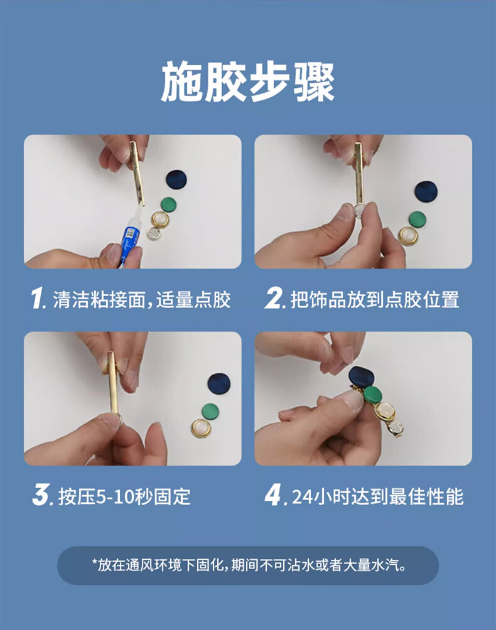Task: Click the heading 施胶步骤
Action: [248, 82]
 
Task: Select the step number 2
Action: [273, 299]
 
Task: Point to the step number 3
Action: [40, 495]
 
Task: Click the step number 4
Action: [273, 495]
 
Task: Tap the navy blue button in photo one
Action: [177, 180]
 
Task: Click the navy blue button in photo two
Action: [426, 192]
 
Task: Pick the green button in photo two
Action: [418, 219]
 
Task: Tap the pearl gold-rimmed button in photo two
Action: [408, 236]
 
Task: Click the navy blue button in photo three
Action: [218, 384]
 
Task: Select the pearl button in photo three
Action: [200, 429]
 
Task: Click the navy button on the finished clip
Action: [362, 377]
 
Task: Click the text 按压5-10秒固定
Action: [124, 496]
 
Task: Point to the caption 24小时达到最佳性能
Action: [377, 496]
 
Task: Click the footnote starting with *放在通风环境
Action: [249, 565]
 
